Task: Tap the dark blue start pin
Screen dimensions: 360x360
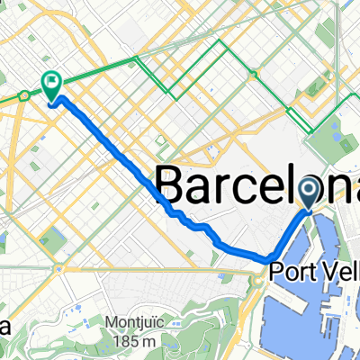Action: point(310,190)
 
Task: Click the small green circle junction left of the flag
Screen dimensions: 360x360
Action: point(24,94)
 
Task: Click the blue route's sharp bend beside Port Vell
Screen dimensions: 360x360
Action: point(271,260)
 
